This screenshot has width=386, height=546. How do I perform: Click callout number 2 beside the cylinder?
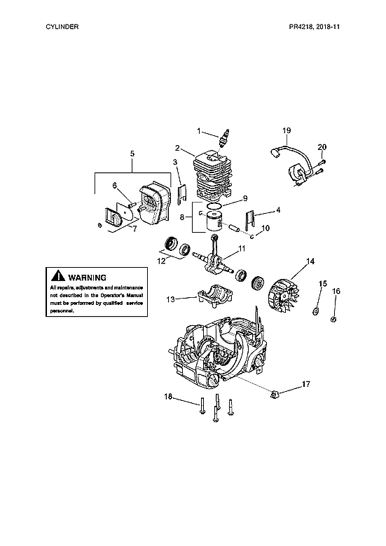tap(179, 148)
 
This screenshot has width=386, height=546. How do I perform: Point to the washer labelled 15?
tap(316, 309)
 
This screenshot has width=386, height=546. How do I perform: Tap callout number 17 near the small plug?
tap(306, 383)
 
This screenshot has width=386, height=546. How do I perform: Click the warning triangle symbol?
tap(57, 278)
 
